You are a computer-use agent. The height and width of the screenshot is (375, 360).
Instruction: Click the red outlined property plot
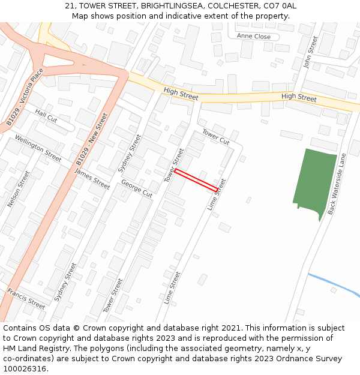point(196,180)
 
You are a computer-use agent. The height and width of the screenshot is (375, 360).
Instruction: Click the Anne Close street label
point(254,36)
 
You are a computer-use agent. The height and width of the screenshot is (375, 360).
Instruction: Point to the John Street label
point(310,52)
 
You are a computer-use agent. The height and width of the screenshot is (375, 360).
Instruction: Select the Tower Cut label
point(215,137)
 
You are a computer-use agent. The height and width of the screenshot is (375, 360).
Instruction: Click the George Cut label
point(137,188)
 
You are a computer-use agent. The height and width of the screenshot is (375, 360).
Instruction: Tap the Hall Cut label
point(46,115)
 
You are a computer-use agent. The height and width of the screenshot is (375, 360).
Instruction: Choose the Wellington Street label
point(38,149)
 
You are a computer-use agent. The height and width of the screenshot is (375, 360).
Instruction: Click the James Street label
point(92,179)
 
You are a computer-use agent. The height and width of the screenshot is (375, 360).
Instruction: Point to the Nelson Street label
point(19,189)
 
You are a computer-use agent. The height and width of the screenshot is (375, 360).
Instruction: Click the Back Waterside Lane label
point(337,184)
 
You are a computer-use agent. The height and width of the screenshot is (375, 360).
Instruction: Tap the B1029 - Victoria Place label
point(25,97)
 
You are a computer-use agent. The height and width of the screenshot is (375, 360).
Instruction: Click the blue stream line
point(334,284)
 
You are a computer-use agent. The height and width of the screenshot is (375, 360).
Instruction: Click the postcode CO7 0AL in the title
point(280,5)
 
